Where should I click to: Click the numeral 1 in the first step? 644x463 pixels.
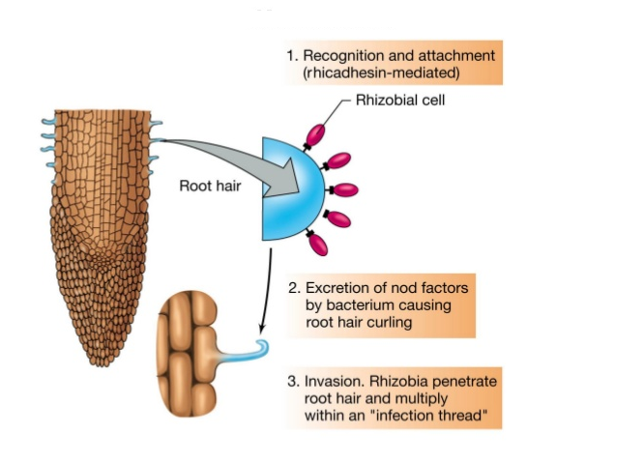point(290,55)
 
